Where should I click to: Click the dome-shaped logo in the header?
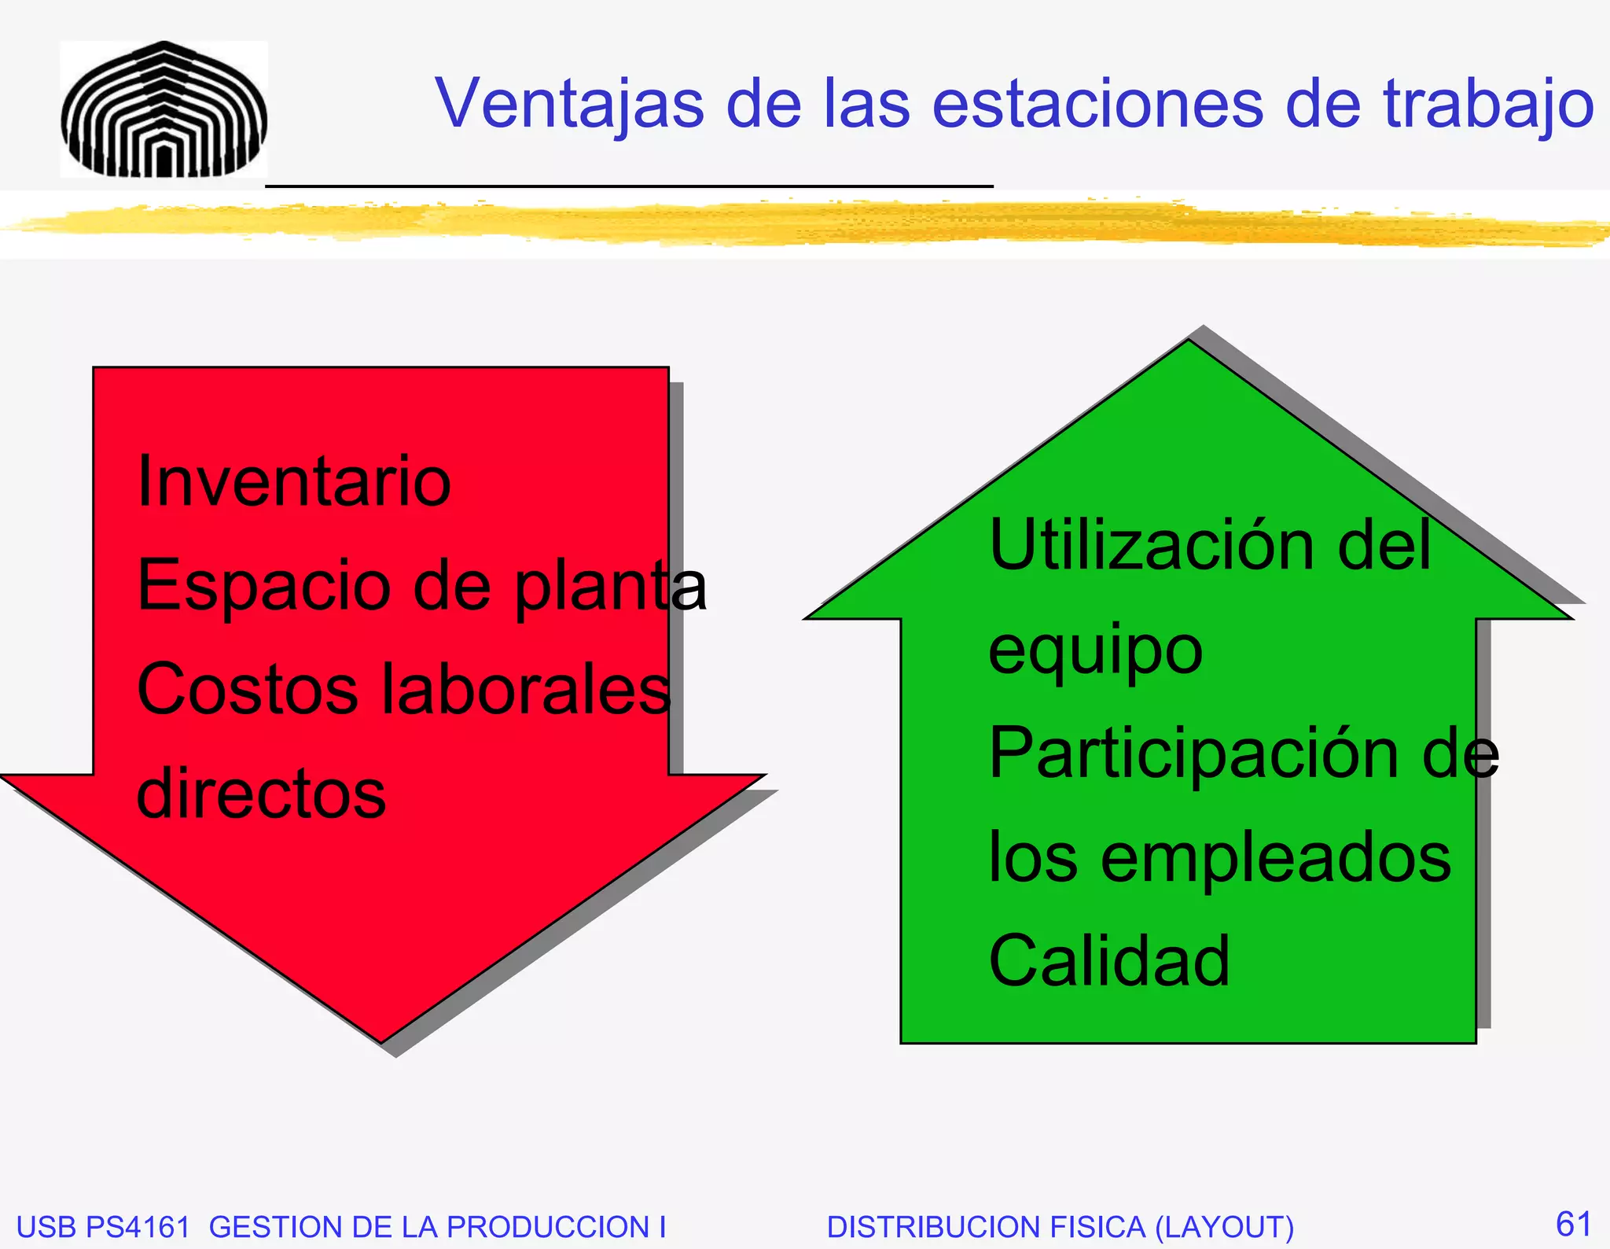click(x=164, y=110)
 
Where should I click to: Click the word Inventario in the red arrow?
click(x=294, y=481)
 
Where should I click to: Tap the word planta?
click(x=611, y=587)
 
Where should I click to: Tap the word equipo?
click(x=1095, y=651)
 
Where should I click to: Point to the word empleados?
click(x=1275, y=857)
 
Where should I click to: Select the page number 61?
click(x=1573, y=1224)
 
